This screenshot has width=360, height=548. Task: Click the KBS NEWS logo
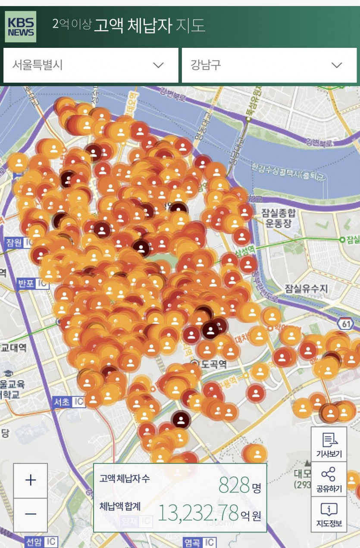pos(20,27)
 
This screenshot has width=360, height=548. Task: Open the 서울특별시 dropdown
pos(91,65)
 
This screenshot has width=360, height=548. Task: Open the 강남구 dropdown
pos(269,65)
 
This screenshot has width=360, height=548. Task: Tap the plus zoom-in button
pos(31,480)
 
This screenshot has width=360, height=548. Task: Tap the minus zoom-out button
pos(31,514)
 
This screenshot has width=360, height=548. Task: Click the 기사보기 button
pos(329,444)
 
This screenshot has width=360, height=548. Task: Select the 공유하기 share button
pos(329,479)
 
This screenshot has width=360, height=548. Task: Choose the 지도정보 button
pos(329,514)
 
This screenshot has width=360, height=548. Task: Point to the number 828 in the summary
pos(234,485)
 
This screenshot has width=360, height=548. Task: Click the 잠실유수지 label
pos(306,288)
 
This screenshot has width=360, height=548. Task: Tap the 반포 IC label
pos(33,284)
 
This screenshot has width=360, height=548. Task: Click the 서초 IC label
pos(68,401)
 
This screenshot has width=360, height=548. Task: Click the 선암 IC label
pos(41,542)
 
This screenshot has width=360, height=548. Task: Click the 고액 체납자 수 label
pos(125,478)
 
